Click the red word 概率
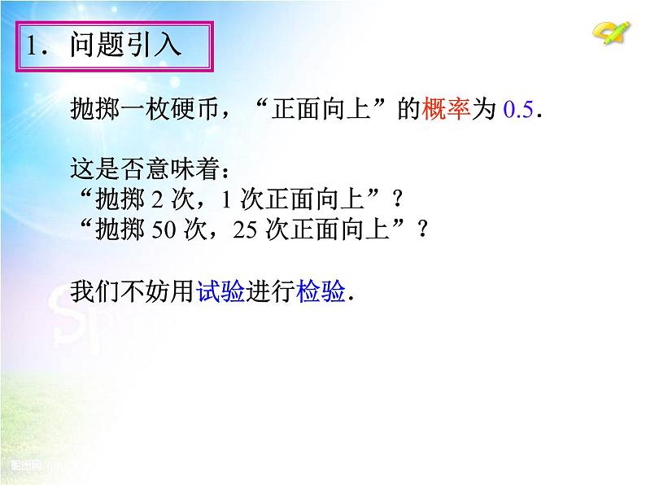click(x=447, y=111)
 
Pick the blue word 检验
click(x=321, y=292)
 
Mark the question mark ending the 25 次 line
click(x=421, y=230)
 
